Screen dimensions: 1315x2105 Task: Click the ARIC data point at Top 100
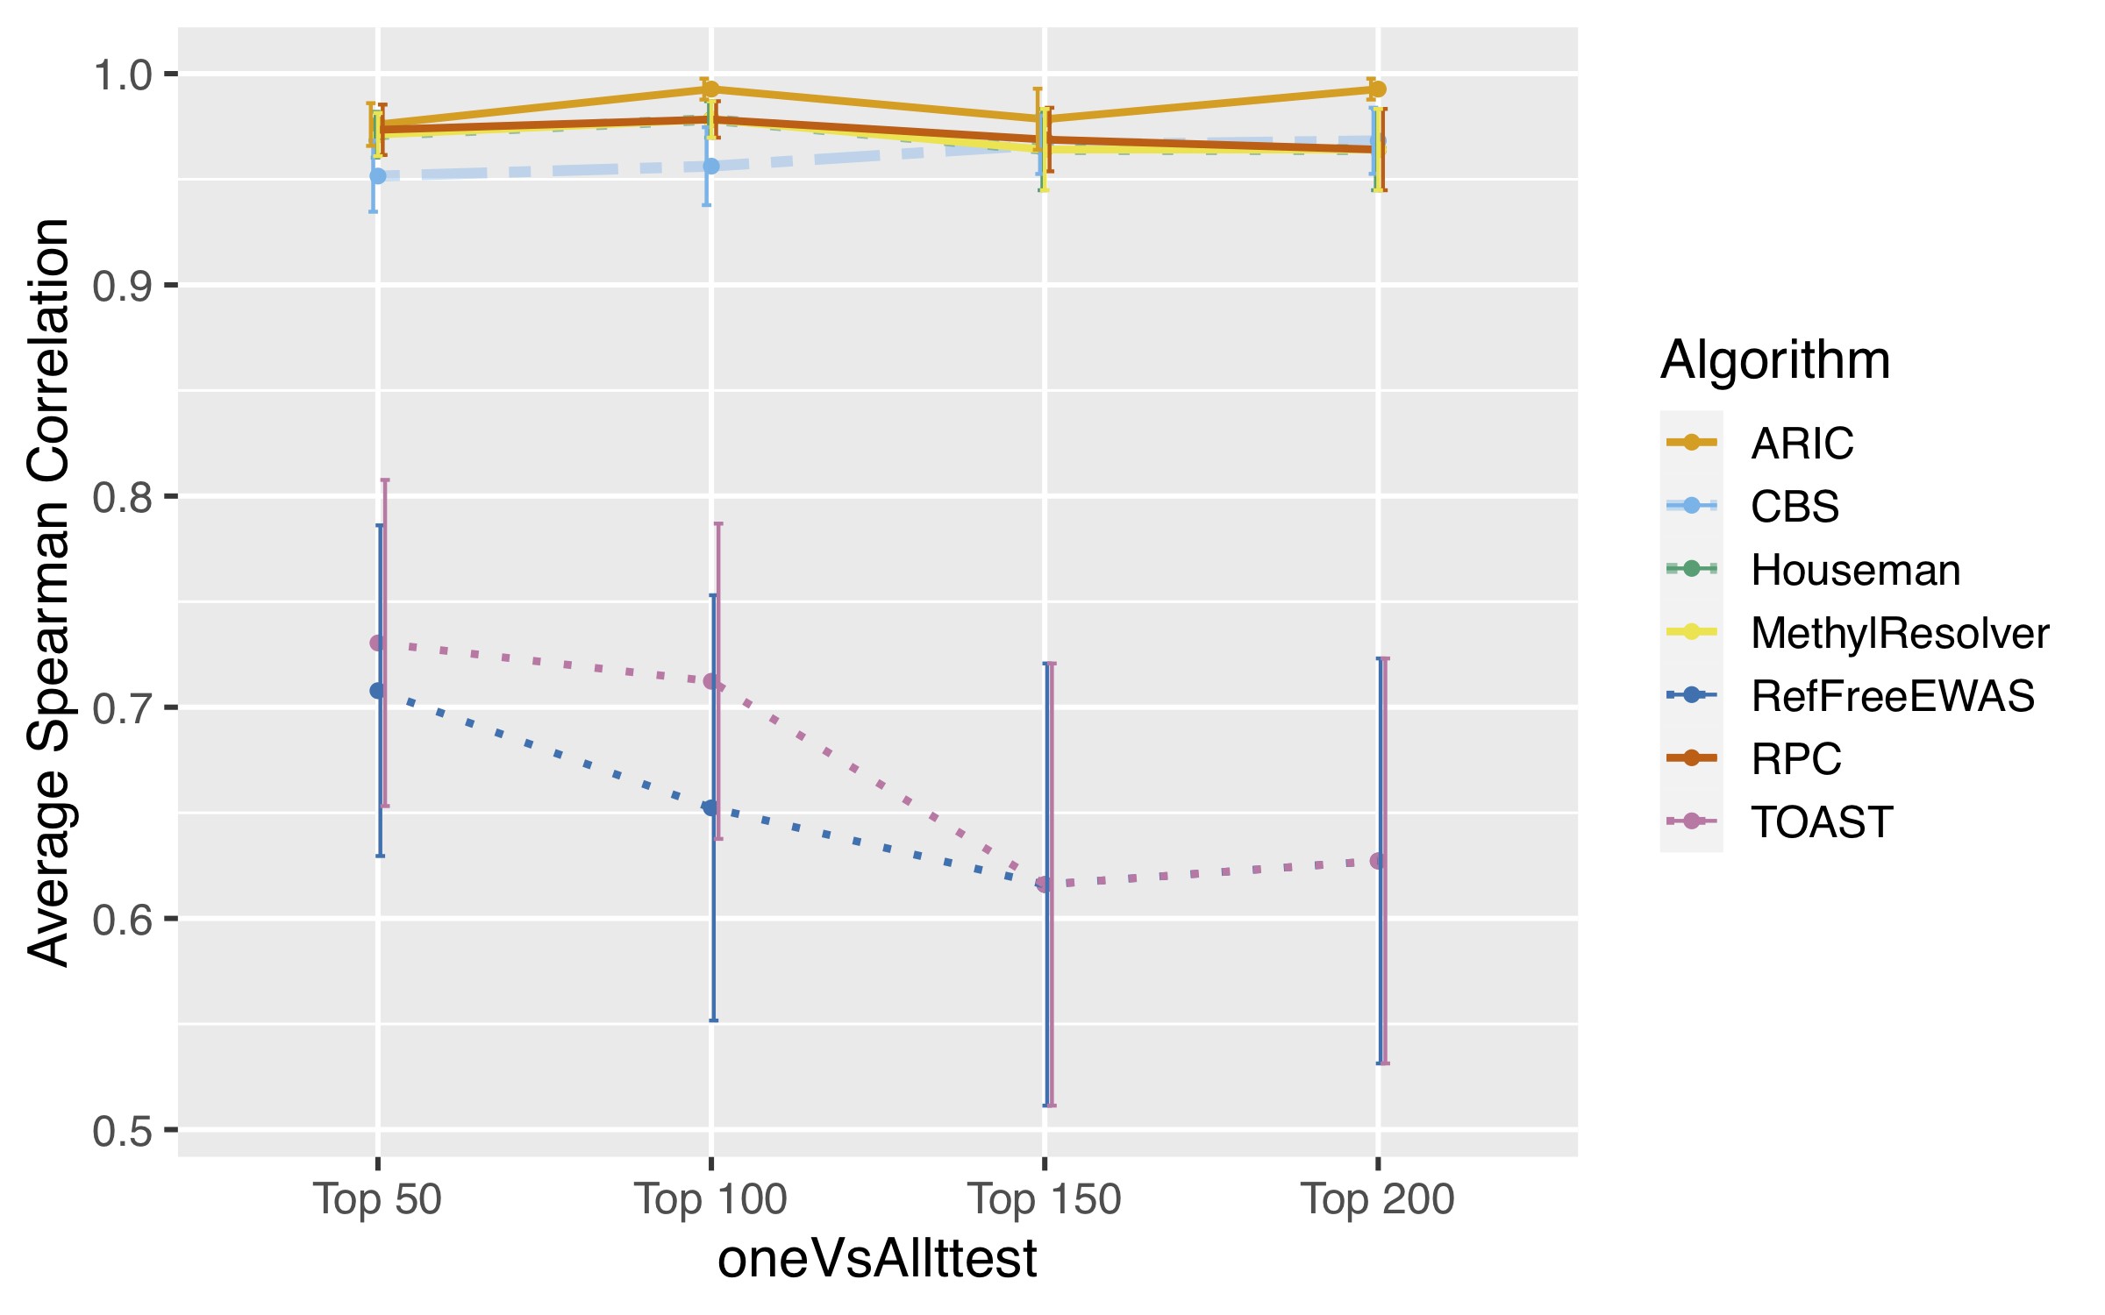coord(711,89)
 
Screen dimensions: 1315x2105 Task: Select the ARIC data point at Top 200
coord(1378,89)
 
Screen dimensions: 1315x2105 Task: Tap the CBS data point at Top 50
coord(378,176)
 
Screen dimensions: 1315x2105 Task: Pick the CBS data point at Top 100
coord(711,167)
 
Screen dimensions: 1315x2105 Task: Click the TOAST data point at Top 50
coord(378,643)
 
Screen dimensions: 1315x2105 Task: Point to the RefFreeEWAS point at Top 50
coord(378,691)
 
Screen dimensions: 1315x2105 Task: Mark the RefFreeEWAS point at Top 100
coord(711,807)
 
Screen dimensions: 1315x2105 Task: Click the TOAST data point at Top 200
coord(1378,861)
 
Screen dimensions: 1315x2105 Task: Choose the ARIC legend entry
coord(1802,443)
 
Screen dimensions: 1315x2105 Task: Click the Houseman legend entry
coord(1855,570)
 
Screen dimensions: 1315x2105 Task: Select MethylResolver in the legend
coord(1899,633)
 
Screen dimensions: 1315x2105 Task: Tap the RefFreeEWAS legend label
coord(1892,696)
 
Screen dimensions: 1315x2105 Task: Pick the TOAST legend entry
coord(1822,822)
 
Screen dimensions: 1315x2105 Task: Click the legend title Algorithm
coord(1775,359)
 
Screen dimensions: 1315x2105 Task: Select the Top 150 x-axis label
coord(1044,1198)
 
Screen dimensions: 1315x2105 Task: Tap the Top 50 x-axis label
coord(378,1198)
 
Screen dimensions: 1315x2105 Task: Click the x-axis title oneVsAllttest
coord(877,1259)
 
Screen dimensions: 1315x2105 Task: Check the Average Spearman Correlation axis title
coord(48,592)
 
